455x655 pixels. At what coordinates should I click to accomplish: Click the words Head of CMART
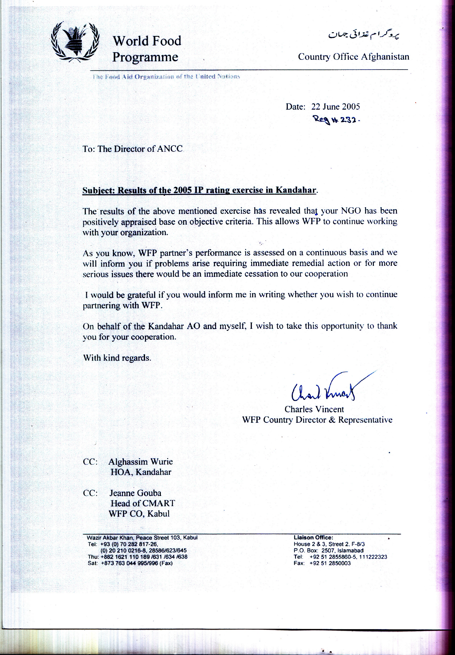[143, 503]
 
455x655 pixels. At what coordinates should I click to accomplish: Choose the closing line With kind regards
[117, 358]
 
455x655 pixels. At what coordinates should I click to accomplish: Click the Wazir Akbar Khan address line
[142, 538]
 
